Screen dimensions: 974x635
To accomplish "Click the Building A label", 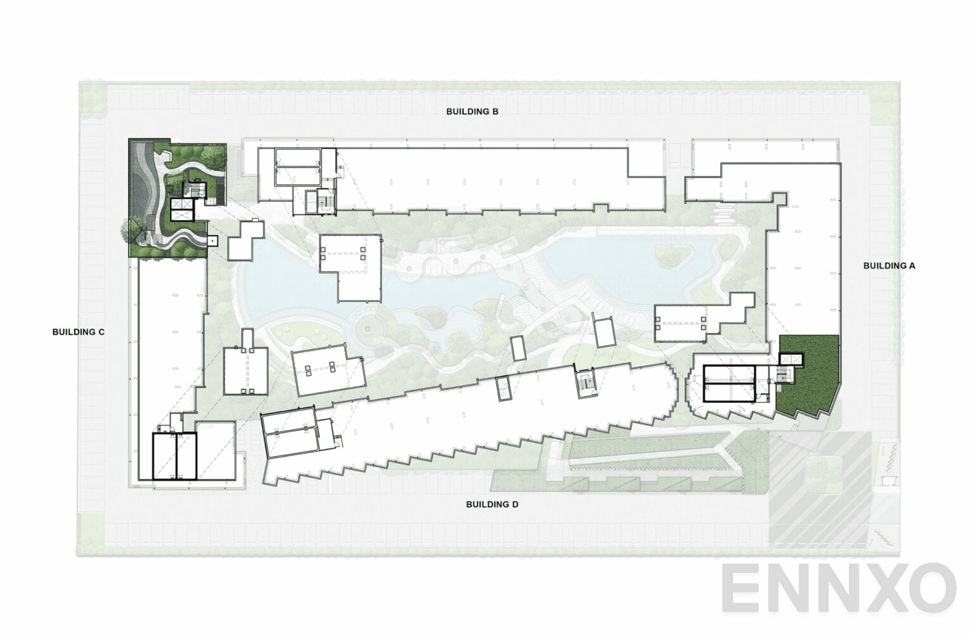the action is (889, 266).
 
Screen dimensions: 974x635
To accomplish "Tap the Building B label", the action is (472, 112).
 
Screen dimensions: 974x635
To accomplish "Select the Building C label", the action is (78, 332).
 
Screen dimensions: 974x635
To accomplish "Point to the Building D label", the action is (492, 504).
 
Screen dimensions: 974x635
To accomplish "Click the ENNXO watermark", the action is (840, 587).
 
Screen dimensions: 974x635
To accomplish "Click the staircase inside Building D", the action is (586, 384).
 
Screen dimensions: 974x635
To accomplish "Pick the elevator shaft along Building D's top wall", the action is (503, 388).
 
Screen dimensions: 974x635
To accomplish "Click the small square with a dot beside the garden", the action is (212, 240).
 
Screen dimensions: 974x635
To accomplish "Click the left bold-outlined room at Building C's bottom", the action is (164, 456).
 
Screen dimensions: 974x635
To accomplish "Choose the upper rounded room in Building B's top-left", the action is (298, 158).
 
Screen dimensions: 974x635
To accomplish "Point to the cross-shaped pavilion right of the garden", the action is (245, 240).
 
